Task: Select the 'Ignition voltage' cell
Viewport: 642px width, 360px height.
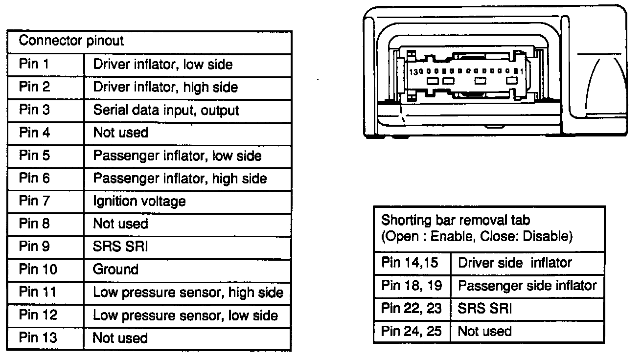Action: coord(139,201)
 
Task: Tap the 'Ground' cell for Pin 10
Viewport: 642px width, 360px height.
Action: coord(116,270)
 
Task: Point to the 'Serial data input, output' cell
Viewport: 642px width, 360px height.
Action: coord(166,110)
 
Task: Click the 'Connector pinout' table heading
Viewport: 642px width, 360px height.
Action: coord(71,41)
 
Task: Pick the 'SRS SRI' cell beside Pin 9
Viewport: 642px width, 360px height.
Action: coord(120,247)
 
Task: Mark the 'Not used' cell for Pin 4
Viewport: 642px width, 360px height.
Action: coord(120,133)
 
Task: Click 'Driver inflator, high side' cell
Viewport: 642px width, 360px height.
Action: coord(165,87)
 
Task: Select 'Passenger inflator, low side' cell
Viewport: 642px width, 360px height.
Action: coord(177,156)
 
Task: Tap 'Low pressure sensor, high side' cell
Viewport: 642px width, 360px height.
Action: coord(188,292)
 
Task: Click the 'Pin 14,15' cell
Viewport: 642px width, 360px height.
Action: coord(408,263)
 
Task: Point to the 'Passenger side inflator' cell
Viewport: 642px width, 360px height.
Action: coord(527,285)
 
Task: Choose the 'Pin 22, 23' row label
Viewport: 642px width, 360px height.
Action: coord(411,308)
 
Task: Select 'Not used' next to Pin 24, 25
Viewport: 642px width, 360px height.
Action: coord(484,331)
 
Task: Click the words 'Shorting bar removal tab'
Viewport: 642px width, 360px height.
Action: coord(456,220)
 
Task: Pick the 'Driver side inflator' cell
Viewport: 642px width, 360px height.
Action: coord(514,263)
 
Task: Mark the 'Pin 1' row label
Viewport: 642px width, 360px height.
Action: coord(34,64)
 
